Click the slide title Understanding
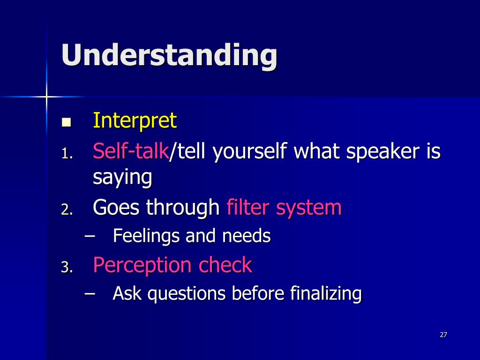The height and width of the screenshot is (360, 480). click(x=169, y=55)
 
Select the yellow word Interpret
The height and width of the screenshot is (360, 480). click(x=135, y=120)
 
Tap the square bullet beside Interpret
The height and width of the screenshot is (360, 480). click(x=66, y=122)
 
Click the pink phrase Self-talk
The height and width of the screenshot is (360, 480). click(x=131, y=151)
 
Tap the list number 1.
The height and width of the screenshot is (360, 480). click(x=67, y=154)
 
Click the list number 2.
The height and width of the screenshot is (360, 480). click(x=67, y=210)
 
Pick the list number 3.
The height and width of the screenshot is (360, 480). click(x=67, y=268)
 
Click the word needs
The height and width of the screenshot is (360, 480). click(x=247, y=236)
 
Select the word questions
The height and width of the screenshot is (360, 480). click(x=187, y=294)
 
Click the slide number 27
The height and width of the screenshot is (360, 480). click(x=443, y=335)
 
